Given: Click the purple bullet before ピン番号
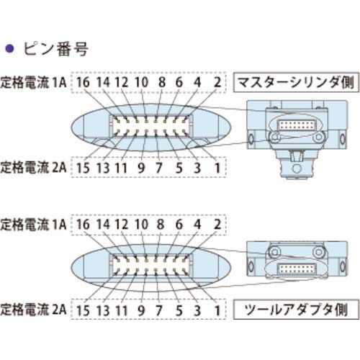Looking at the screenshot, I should click(10, 50).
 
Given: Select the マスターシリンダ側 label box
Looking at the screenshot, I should click(295, 83).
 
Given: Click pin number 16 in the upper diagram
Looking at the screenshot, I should click(84, 83).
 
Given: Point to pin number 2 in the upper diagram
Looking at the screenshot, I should click(217, 83).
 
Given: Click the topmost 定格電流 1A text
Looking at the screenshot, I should click(34, 83).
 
